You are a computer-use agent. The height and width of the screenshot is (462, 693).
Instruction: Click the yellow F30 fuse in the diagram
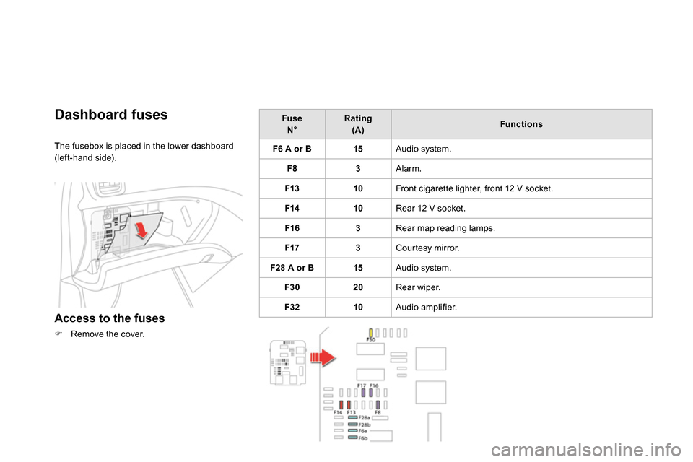[370, 333]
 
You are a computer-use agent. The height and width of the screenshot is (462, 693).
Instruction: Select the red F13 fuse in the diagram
[349, 404]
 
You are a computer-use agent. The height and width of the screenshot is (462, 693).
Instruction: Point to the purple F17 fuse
[364, 393]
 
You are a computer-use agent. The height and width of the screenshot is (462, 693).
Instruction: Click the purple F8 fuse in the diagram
[378, 404]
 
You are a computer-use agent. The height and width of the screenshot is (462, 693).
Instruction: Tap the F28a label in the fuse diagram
[365, 417]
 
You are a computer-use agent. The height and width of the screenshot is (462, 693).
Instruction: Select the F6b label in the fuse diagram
[363, 437]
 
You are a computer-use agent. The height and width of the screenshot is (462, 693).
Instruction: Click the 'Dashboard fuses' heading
[111, 115]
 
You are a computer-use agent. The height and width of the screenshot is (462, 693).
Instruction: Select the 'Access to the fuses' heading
[110, 318]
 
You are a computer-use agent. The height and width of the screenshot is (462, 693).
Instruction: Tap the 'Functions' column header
[520, 124]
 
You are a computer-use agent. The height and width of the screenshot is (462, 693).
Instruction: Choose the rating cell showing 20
[358, 287]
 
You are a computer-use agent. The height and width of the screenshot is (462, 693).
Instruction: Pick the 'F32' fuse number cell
[292, 307]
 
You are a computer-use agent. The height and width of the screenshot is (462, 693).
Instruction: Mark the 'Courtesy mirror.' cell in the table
[427, 248]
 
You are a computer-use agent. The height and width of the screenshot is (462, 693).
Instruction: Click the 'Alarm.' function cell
[409, 169]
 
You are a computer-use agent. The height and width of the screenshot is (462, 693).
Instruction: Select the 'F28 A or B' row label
[292, 268]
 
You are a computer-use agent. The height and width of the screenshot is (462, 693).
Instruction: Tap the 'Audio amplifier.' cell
[427, 307]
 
